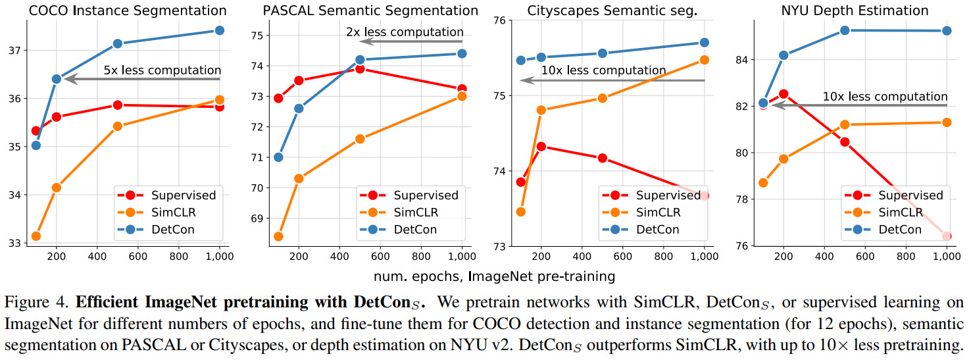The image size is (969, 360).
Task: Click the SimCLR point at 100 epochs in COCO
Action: point(36,236)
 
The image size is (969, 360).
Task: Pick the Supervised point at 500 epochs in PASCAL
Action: point(360,68)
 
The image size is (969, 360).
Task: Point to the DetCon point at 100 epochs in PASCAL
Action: point(278,157)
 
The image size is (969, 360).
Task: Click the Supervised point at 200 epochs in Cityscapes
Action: point(541,146)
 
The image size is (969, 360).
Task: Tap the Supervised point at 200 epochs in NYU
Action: point(783,94)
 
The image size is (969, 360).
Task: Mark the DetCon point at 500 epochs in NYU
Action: point(845,30)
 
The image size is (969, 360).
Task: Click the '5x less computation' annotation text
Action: point(162,70)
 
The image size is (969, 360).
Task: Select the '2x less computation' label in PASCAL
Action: point(405,32)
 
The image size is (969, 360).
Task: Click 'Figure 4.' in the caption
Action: point(36,303)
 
